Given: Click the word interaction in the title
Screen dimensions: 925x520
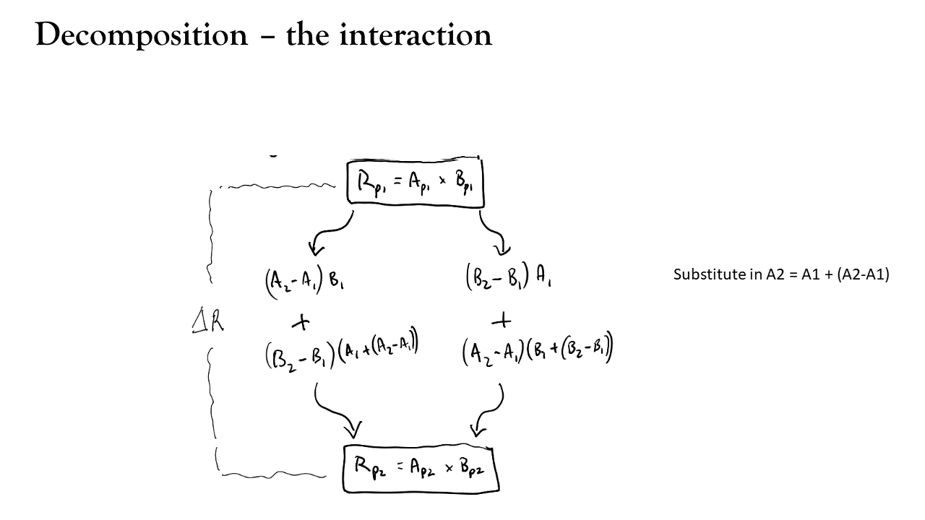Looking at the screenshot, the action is point(416,35).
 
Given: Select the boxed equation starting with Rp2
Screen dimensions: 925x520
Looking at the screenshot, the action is point(421,468).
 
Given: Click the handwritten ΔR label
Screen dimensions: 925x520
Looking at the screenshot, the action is point(207,321).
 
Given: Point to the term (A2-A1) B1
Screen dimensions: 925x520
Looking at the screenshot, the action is point(305,282).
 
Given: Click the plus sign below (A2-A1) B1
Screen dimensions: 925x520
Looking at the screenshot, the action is point(301,322).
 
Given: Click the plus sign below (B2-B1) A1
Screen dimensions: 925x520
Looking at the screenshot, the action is point(502,320).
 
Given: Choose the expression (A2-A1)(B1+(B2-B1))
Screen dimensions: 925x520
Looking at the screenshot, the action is point(537,350).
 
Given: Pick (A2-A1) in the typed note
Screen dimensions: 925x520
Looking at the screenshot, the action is point(863,274).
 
